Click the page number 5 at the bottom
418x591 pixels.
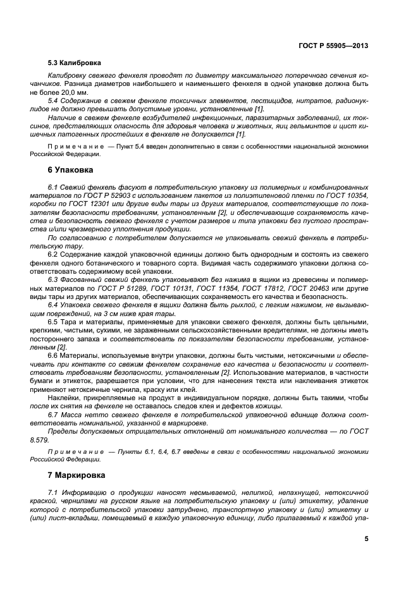tap(366, 539)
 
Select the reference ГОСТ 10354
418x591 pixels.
tap(347, 197)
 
